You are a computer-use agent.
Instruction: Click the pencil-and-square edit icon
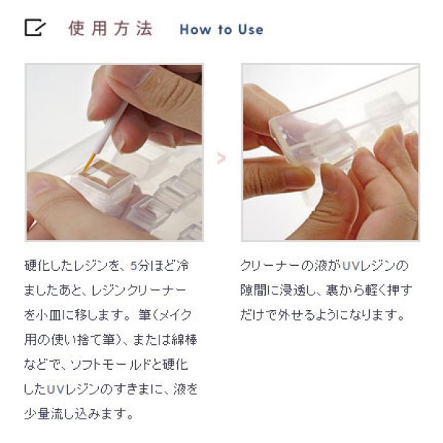click(34, 28)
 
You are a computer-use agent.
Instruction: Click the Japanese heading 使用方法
click(110, 29)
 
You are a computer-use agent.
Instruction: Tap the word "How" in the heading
click(195, 30)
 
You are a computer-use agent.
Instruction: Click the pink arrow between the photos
click(221, 157)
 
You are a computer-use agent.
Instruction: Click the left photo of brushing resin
click(114, 152)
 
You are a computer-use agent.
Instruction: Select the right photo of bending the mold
click(330, 152)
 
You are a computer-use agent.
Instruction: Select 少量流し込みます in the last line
click(78, 411)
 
